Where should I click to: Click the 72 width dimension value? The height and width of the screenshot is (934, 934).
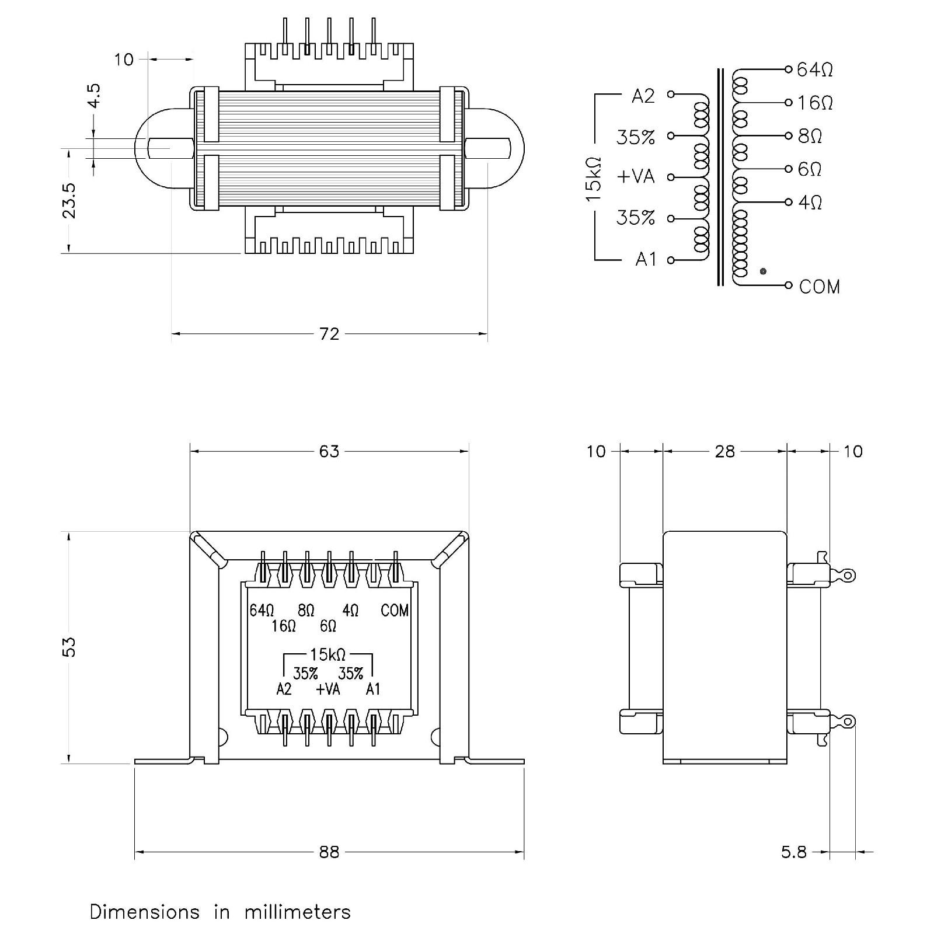coord(329,334)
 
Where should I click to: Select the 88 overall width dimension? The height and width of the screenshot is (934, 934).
coord(329,852)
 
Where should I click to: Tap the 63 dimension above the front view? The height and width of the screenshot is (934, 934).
coord(329,451)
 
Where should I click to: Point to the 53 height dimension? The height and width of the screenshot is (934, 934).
coord(69,647)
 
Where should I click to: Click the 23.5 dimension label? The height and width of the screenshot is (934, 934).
coord(69,201)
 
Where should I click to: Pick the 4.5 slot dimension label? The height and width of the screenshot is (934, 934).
coord(93,95)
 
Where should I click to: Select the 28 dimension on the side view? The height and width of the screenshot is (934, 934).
coord(725,451)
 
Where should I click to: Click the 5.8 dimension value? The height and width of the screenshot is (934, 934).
coord(794,852)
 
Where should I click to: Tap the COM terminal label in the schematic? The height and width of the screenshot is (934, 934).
coord(820,287)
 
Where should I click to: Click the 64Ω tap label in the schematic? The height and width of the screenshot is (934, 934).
coord(815,70)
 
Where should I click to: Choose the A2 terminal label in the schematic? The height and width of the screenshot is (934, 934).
coord(643,96)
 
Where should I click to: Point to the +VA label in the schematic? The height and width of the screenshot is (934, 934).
coord(636,176)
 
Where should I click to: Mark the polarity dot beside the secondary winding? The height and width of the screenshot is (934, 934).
coord(763,271)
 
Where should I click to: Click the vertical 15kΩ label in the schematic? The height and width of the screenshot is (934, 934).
coord(593,179)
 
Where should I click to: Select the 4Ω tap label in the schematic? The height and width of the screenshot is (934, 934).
coord(810,203)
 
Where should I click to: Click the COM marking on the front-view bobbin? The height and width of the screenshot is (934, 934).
coord(395,611)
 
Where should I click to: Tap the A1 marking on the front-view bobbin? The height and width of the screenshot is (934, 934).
coord(373,689)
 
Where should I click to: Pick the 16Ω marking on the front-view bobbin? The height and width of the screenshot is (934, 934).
coord(284,626)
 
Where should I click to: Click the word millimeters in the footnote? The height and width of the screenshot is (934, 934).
coord(298,912)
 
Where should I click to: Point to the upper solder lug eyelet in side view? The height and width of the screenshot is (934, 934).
coord(848,576)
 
